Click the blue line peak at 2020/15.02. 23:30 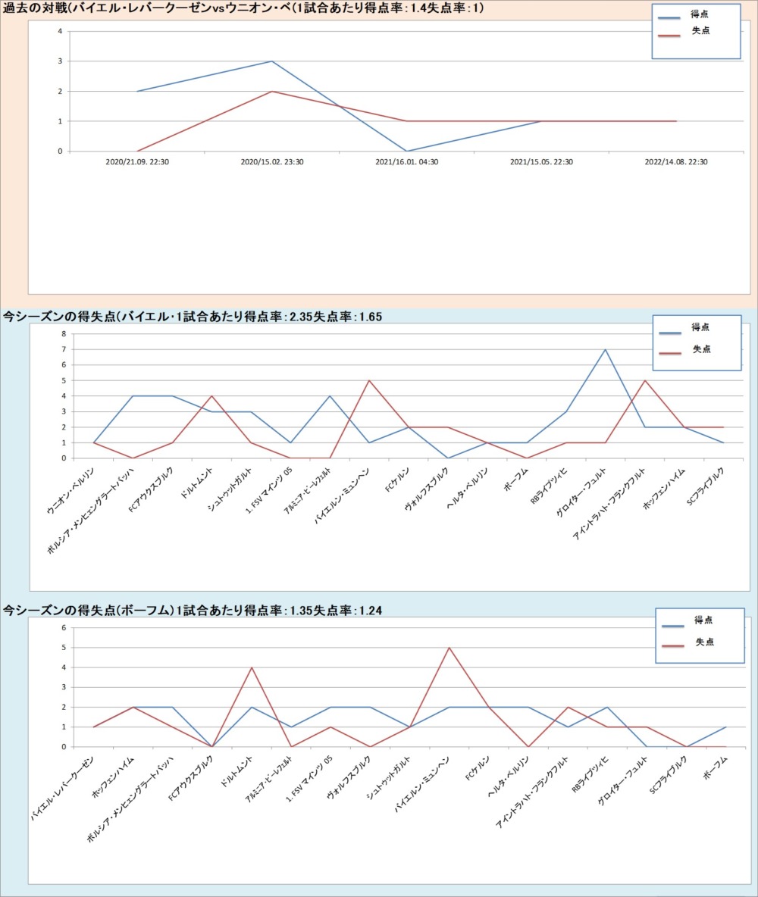(x=272, y=61)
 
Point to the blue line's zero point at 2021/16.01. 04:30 (x=407, y=151)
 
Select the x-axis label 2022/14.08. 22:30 (x=676, y=161)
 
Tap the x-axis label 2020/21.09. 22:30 (x=137, y=161)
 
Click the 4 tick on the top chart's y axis (x=61, y=31)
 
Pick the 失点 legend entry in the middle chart (x=701, y=349)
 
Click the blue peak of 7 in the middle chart (x=605, y=349)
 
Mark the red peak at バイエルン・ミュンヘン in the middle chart (x=368, y=380)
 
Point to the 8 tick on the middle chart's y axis (x=64, y=333)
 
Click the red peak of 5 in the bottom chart (x=449, y=648)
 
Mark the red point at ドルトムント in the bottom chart (x=252, y=667)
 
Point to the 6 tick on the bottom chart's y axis (x=64, y=628)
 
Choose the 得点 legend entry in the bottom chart (x=702, y=620)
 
